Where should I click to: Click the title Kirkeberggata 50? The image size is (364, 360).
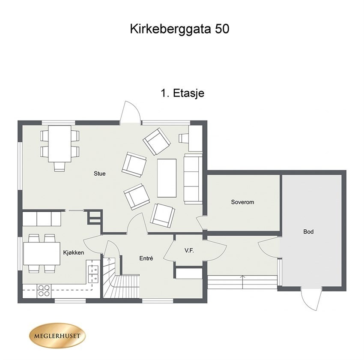point(179,29)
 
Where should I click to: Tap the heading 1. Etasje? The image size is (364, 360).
point(182,93)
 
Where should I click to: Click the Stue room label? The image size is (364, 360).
point(100,174)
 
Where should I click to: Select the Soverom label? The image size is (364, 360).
point(242,202)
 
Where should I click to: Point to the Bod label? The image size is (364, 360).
point(308,232)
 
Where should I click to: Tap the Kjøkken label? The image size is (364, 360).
point(74,253)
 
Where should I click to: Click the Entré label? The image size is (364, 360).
point(146,258)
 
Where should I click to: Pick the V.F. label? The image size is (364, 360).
point(189,250)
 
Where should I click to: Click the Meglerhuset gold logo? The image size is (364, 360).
point(57,335)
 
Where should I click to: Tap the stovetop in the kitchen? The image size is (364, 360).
point(44,291)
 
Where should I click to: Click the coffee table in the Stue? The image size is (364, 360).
point(167,177)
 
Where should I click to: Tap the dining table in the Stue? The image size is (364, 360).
point(60,143)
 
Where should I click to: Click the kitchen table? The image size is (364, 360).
point(42,253)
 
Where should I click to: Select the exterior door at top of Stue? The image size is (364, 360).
point(130,113)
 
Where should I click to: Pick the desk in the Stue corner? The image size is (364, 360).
point(195,138)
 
